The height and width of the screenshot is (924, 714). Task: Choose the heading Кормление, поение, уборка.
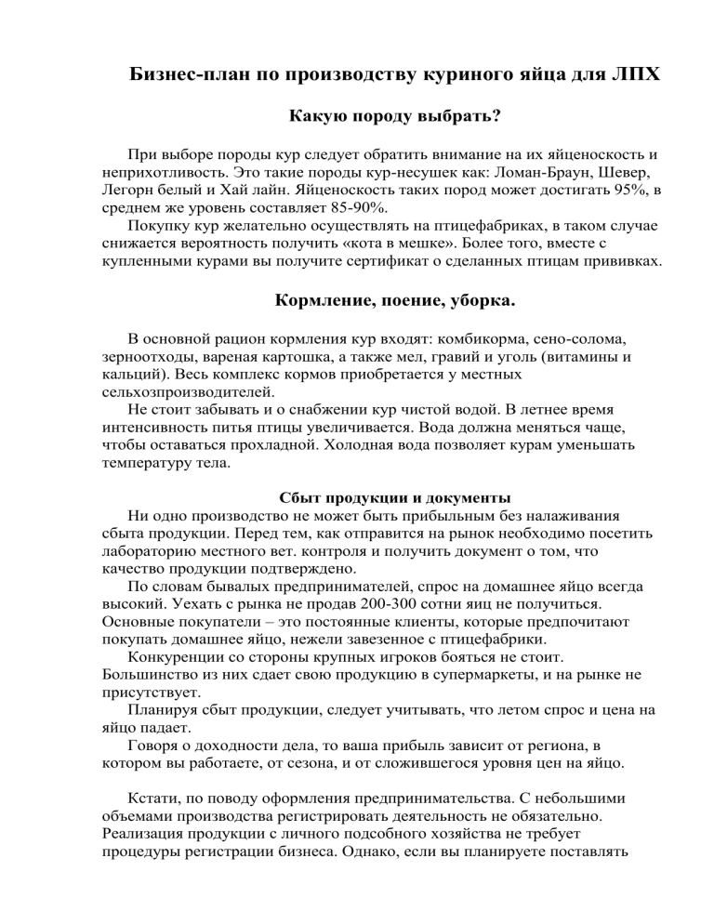pyautogui.click(x=394, y=303)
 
